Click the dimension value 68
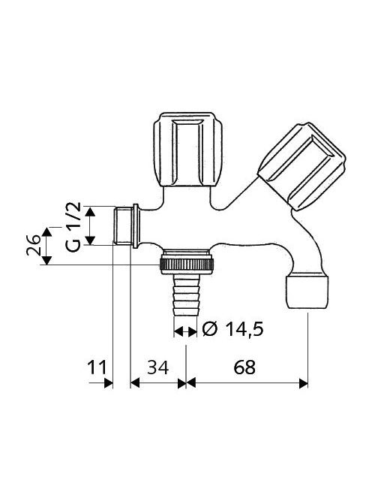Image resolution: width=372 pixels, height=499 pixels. [244, 367]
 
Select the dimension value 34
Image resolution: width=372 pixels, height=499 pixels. [158, 367]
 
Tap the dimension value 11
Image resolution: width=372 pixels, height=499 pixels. [97, 367]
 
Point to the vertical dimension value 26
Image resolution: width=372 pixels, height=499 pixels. [33, 245]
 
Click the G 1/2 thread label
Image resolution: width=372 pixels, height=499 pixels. [73, 227]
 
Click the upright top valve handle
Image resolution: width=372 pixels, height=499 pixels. [187, 150]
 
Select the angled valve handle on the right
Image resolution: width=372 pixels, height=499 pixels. [301, 167]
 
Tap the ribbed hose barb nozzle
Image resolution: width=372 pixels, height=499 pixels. [186, 295]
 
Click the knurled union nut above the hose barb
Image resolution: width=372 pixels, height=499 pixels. [187, 264]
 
